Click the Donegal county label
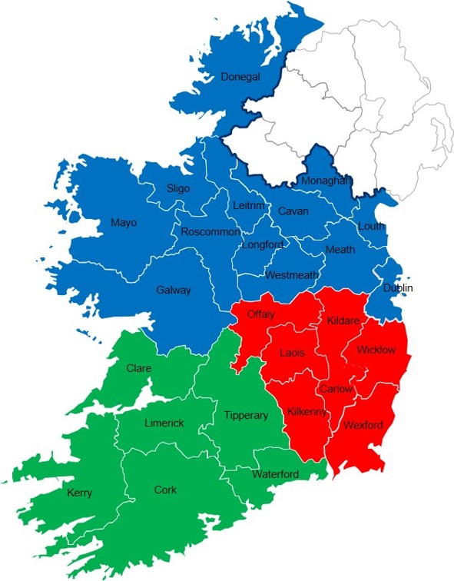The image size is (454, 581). pos(240,77)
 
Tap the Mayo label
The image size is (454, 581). pos(123,223)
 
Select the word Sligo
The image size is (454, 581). pos(178,189)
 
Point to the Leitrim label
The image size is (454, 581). pos(249,206)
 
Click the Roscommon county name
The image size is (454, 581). pos(210,232)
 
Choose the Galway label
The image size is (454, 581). pos(173,290)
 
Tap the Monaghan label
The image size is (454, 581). pos(326,180)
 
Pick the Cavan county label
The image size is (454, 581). pos(293,211)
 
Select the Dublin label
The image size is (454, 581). pos(398,288)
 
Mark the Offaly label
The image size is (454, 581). pos(261,314)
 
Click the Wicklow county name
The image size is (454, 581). pos(376,350)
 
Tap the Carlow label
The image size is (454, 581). pos(336,389)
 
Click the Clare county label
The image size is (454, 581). pos(138,368)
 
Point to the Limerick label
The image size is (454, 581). pos(164,423)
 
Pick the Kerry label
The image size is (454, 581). pos(80,493)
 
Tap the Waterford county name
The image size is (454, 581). pos(275,474)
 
